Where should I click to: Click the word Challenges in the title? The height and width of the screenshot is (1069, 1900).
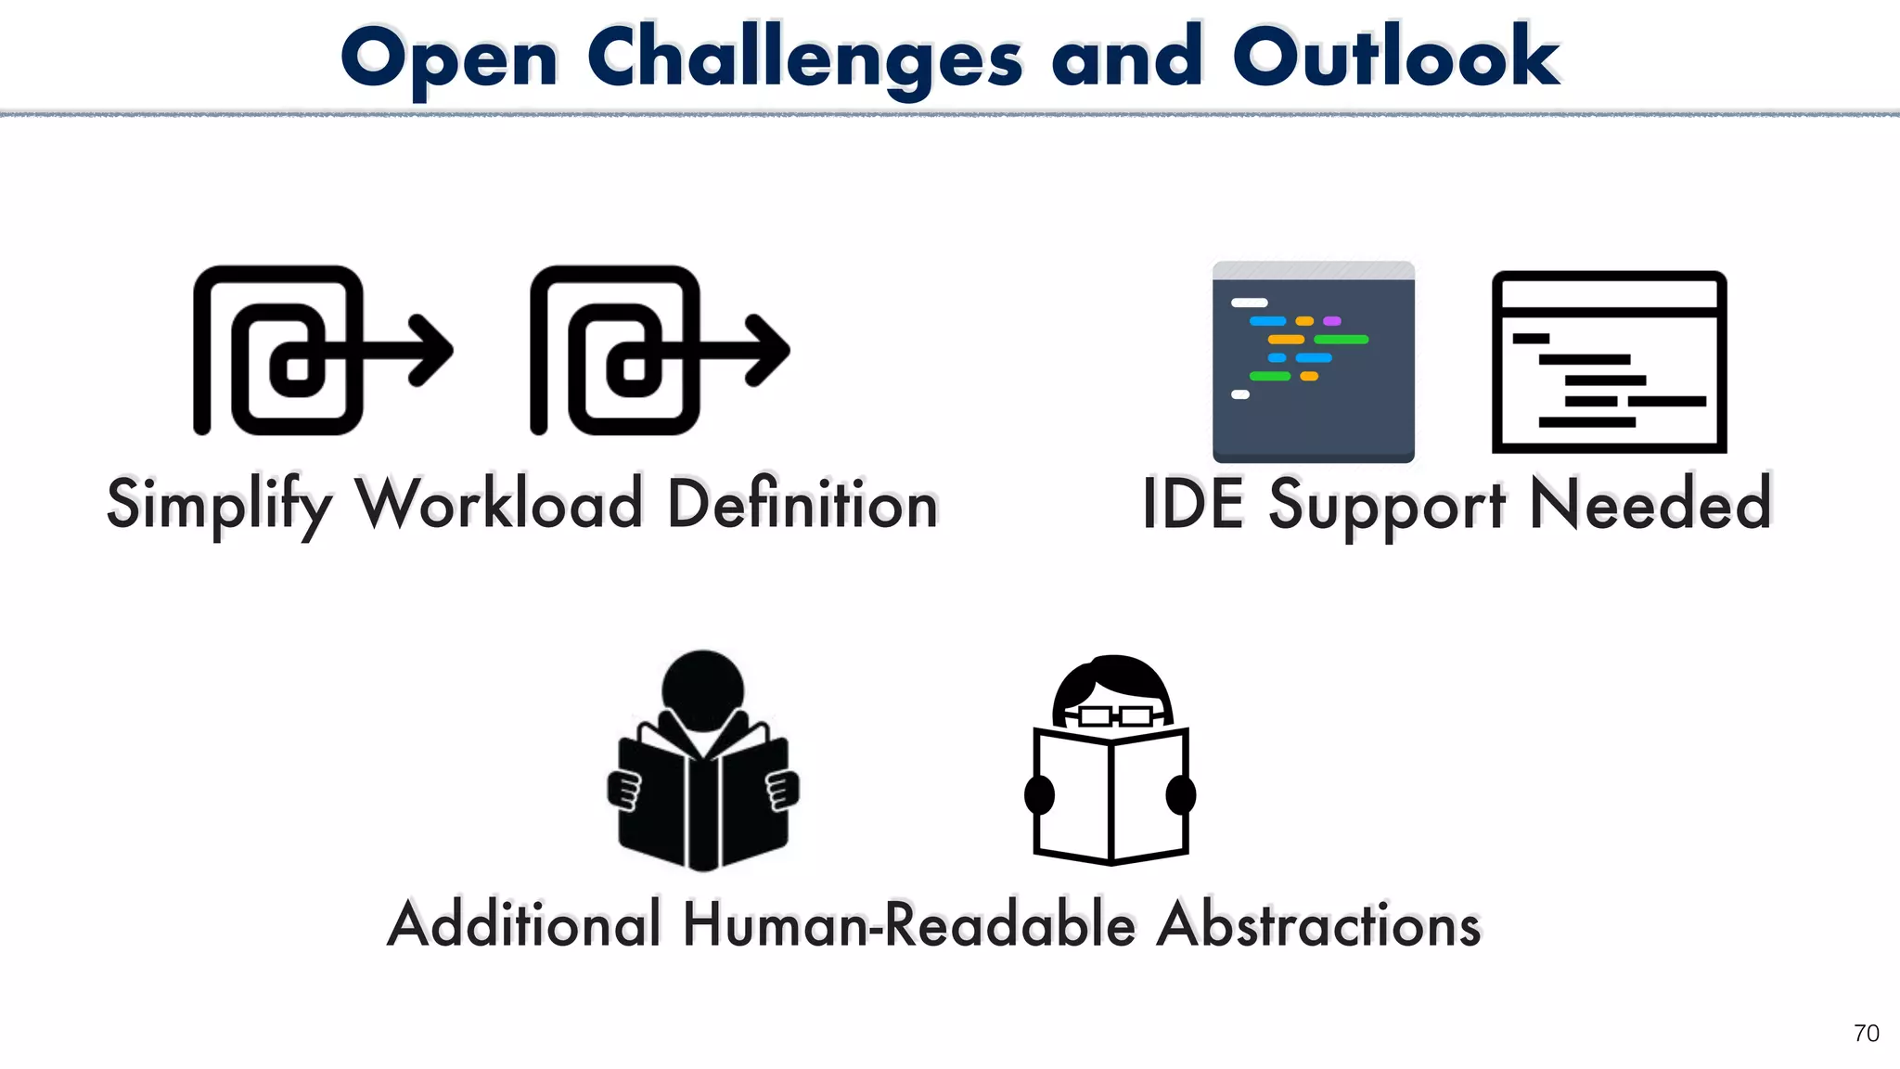point(804,58)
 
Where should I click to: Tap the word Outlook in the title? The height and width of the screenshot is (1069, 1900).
point(1395,58)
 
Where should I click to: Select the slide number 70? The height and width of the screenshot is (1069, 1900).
point(1866,1033)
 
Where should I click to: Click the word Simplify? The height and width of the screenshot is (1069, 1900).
point(219,504)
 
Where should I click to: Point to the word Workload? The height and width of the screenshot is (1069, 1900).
point(500,504)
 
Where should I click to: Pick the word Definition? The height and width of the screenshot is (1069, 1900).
point(802,504)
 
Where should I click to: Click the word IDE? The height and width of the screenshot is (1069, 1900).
point(1193,504)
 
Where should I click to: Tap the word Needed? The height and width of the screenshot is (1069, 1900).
point(1650,504)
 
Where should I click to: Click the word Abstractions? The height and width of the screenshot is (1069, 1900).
point(1318,924)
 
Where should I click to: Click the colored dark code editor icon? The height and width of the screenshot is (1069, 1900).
point(1313,362)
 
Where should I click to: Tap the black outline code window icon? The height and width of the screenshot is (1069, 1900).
point(1609,362)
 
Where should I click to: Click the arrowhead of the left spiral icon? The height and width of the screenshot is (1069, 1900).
point(431,350)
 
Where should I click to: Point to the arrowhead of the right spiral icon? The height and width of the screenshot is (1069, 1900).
point(768,350)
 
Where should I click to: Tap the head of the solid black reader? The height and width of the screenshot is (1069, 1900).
point(702,689)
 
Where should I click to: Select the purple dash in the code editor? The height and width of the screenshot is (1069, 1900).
point(1332,321)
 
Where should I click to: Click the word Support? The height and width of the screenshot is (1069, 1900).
point(1387,504)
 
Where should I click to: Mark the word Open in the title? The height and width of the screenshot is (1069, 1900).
point(450,58)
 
